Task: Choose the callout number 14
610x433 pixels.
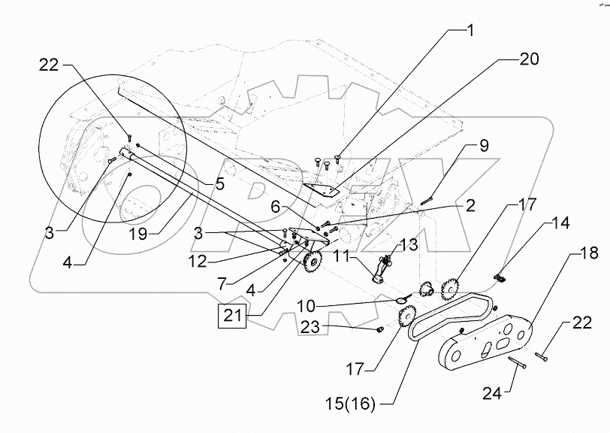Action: pyautogui.click(x=562, y=223)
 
